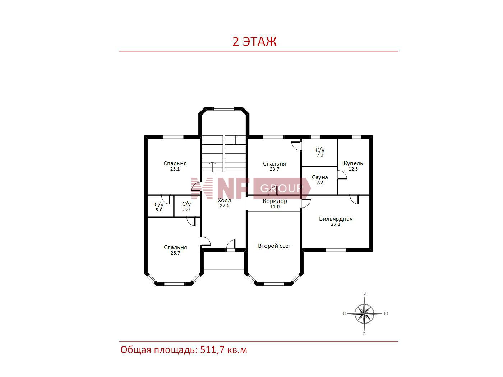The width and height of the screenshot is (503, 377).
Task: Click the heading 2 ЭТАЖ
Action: click(254, 42)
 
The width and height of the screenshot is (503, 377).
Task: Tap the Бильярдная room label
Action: click(336, 219)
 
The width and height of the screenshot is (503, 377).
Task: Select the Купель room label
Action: click(353, 163)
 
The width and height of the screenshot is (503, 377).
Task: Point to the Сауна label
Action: click(320, 177)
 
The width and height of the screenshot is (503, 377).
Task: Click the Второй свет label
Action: click(274, 246)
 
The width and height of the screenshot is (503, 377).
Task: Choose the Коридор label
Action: click(275, 201)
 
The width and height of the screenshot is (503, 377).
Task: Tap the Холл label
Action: click(224, 200)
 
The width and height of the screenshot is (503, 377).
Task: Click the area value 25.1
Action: click(175, 169)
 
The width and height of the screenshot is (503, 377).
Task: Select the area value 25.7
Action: click(175, 253)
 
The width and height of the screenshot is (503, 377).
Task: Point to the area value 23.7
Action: click(274, 169)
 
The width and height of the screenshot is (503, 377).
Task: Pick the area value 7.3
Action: click(320, 155)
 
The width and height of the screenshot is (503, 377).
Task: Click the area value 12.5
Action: click(353, 169)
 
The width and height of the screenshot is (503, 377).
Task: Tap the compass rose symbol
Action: click(364, 313)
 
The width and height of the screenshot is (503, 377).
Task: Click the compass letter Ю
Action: click(386, 313)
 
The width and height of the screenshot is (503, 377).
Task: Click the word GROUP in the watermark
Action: click(281, 188)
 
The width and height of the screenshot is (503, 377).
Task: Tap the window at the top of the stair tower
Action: click(224, 108)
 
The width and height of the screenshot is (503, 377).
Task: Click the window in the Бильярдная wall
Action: click(336, 250)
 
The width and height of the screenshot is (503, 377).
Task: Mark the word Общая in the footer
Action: click(135, 350)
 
